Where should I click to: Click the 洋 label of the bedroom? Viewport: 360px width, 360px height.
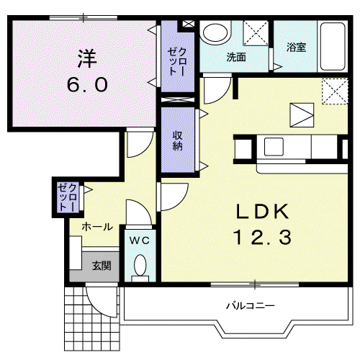point(87,58)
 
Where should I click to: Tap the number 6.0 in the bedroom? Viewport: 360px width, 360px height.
point(87,85)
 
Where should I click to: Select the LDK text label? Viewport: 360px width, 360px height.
point(262,211)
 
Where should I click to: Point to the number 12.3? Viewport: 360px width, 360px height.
point(262,237)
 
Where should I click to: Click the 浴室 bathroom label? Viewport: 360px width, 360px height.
point(296,48)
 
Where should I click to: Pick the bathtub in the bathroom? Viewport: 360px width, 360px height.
point(333,46)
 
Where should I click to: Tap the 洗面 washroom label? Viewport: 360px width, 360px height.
point(236,57)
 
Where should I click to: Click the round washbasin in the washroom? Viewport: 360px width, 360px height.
point(215,34)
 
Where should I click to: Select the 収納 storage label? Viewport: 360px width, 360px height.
point(178,141)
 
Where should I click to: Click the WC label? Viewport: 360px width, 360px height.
point(140,240)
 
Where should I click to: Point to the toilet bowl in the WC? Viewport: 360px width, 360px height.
point(140,266)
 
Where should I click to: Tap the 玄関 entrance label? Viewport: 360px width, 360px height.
point(102,266)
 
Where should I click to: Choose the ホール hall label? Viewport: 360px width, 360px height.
point(97,227)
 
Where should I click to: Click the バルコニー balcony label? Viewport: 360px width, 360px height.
point(251,306)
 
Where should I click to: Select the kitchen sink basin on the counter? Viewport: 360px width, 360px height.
point(274,147)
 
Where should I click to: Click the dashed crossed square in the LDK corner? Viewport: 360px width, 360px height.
point(335,91)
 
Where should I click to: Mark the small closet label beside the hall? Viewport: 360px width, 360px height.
point(68,197)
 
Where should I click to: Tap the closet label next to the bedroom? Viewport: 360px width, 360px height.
point(178,62)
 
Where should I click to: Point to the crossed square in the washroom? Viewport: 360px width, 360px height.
point(256,33)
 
